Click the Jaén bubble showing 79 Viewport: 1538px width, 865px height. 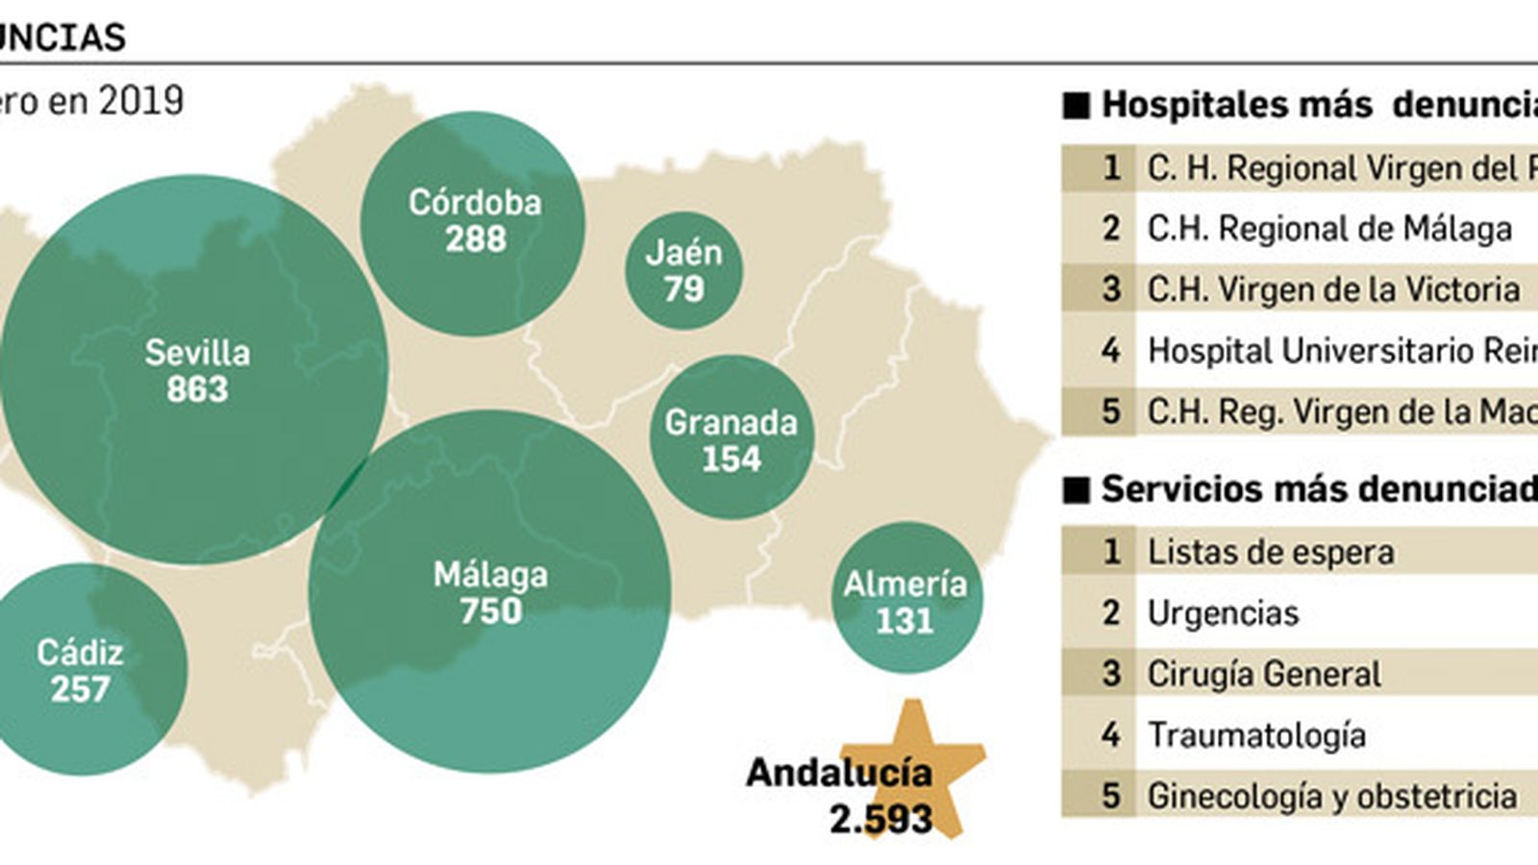click(683, 270)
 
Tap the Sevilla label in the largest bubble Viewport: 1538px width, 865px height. click(197, 353)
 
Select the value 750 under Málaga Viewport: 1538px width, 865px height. click(490, 611)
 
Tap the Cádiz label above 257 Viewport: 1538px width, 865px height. click(80, 653)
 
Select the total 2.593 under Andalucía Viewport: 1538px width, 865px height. click(881, 819)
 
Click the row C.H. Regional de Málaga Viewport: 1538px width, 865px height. click(1328, 229)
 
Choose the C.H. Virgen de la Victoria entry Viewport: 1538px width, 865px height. click(1332, 289)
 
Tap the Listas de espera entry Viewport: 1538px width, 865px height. click(1270, 552)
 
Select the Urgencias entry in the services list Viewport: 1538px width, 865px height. click(1223, 613)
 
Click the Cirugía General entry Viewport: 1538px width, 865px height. click(1263, 674)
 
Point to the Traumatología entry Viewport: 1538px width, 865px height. click(1256, 735)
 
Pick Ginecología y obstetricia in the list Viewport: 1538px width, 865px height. click(1331, 796)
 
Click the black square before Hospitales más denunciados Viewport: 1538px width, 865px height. click(1076, 106)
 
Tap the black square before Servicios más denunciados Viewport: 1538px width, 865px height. click(1076, 490)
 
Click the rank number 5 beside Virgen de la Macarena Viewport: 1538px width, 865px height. click(1110, 411)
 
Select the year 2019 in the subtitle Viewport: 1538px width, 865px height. click(140, 101)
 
